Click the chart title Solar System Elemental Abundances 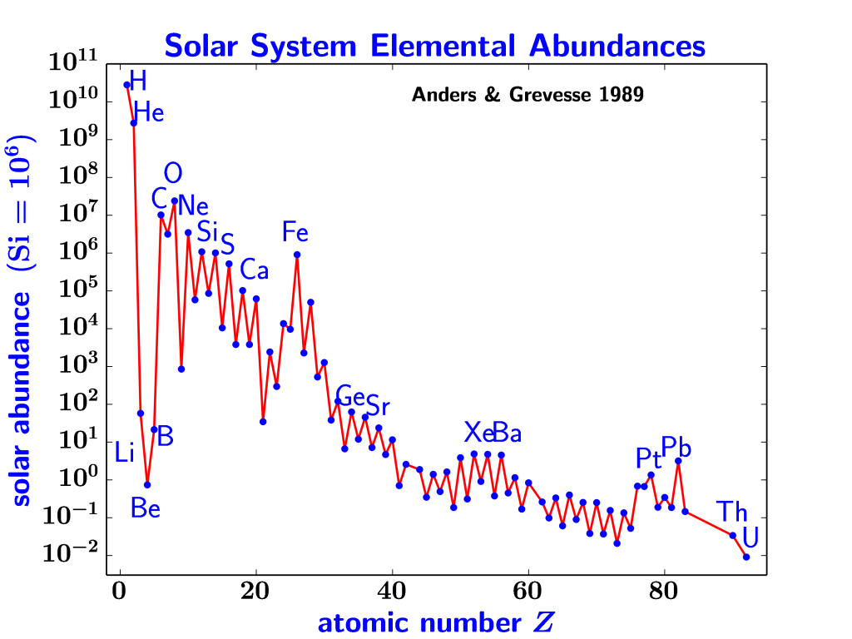(434, 45)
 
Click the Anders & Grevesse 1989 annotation (528, 95)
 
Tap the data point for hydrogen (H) (127, 85)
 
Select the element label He (149, 112)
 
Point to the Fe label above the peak (295, 232)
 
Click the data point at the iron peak (297, 255)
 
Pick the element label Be (146, 508)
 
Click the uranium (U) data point (746, 557)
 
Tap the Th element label (732, 511)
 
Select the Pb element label (676, 447)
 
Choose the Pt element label (648, 458)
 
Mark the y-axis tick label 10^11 (73, 62)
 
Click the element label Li (124, 453)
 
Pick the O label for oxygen (173, 174)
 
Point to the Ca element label (254, 270)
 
